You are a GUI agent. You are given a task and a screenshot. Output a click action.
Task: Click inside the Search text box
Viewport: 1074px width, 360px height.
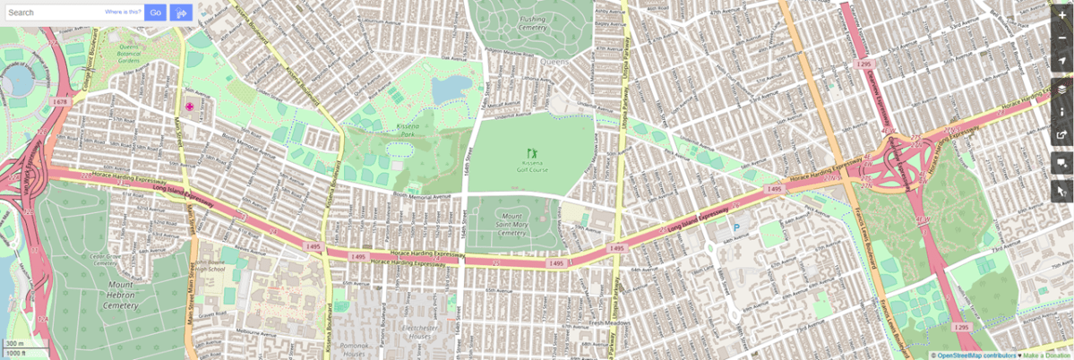(x=54, y=13)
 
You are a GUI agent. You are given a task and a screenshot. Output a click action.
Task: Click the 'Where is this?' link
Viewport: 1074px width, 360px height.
(x=123, y=13)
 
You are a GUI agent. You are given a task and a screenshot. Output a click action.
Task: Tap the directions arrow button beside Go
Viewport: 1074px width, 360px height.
(x=182, y=13)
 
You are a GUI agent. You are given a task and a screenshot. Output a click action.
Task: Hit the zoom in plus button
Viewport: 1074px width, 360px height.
(x=1061, y=16)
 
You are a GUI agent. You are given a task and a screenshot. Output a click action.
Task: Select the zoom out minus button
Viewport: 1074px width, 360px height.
(x=1061, y=38)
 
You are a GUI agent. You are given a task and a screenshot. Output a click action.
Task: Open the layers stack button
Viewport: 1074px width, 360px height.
(x=1061, y=90)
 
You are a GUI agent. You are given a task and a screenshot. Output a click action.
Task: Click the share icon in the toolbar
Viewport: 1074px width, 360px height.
(x=1061, y=135)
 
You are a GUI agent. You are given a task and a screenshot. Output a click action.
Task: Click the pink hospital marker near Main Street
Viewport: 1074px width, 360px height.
(x=189, y=107)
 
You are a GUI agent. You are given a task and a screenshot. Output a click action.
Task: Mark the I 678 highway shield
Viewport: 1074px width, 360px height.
(x=61, y=102)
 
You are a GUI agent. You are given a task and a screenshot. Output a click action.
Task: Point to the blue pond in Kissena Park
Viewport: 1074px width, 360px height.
(x=447, y=88)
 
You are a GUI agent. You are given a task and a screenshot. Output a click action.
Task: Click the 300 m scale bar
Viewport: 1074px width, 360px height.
(x=16, y=344)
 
